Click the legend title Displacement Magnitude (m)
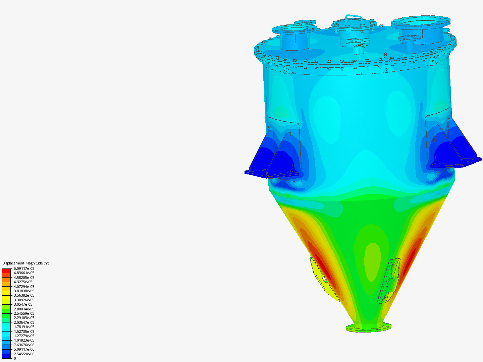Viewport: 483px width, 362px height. pos(26,263)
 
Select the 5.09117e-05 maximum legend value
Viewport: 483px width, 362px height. pos(24,268)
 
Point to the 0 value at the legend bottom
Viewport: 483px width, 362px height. pos(15,358)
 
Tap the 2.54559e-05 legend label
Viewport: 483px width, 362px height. pos(24,313)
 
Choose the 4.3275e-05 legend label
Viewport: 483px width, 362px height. pos(23,282)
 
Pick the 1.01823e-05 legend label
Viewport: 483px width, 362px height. pos(24,340)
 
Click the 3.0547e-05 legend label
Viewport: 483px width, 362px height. pos(23,304)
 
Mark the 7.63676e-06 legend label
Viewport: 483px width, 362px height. pos(24,345)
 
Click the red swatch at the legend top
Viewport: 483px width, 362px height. pos(6,270)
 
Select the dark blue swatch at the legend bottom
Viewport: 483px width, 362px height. pos(6,356)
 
